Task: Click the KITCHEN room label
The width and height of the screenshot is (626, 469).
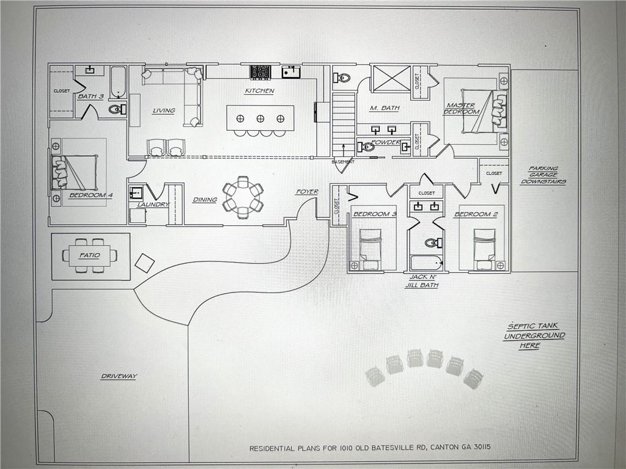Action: tap(259, 91)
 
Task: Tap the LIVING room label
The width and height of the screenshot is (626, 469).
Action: tap(164, 111)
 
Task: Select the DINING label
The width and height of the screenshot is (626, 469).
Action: tap(205, 200)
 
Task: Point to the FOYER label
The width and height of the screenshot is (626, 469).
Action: tap(307, 192)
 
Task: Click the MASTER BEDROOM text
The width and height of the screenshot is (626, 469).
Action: tap(461, 108)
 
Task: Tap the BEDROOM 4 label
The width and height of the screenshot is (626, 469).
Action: tap(90, 195)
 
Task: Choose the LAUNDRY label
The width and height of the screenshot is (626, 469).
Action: tap(153, 205)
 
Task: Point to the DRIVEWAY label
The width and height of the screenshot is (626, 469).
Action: tap(119, 376)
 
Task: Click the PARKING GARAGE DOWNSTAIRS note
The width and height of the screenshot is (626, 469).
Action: tap(547, 175)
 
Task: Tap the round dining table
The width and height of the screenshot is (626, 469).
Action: tap(243, 197)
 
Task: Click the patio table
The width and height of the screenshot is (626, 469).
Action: tap(89, 255)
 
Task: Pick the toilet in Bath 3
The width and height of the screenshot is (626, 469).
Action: tap(116, 110)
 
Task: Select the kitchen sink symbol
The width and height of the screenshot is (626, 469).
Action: tap(291, 72)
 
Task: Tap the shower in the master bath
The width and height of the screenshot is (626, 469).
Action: tap(391, 79)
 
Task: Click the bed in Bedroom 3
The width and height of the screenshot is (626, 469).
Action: tap(370, 247)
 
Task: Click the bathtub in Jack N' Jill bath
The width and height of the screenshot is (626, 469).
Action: tap(426, 263)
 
